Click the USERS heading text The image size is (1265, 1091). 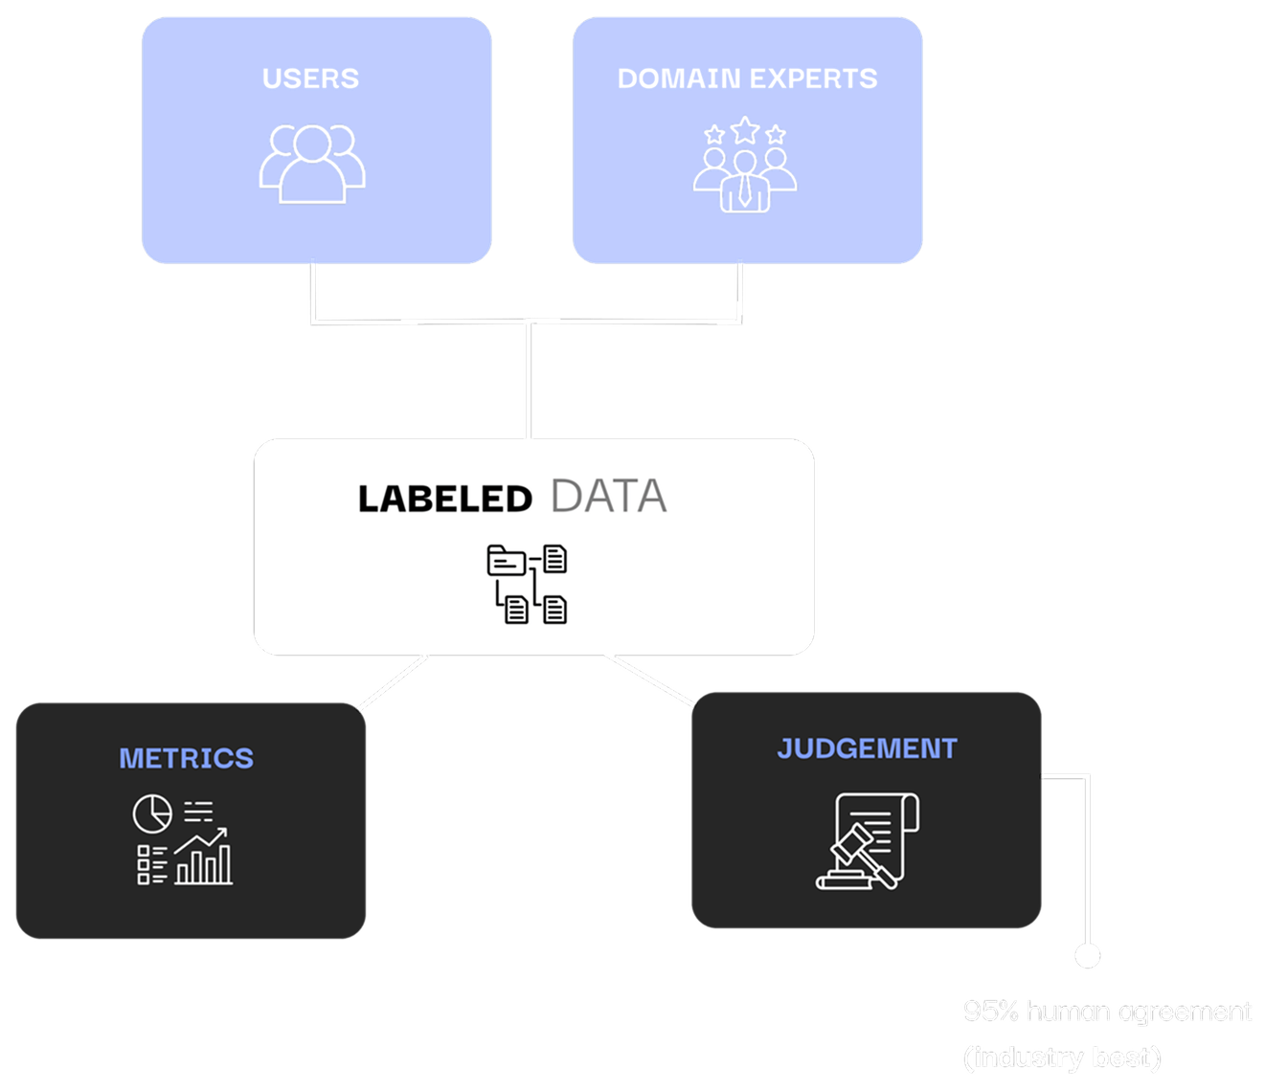click(310, 78)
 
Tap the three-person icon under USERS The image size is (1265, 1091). click(312, 164)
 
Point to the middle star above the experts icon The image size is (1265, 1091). click(744, 129)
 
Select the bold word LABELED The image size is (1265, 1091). click(444, 500)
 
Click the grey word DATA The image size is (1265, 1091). click(608, 497)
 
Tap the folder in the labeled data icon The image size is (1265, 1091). click(506, 560)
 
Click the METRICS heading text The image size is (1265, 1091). click(186, 758)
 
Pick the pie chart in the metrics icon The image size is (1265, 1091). click(151, 813)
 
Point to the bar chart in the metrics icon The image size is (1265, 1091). click(204, 864)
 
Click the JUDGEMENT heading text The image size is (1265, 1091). click(867, 748)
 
